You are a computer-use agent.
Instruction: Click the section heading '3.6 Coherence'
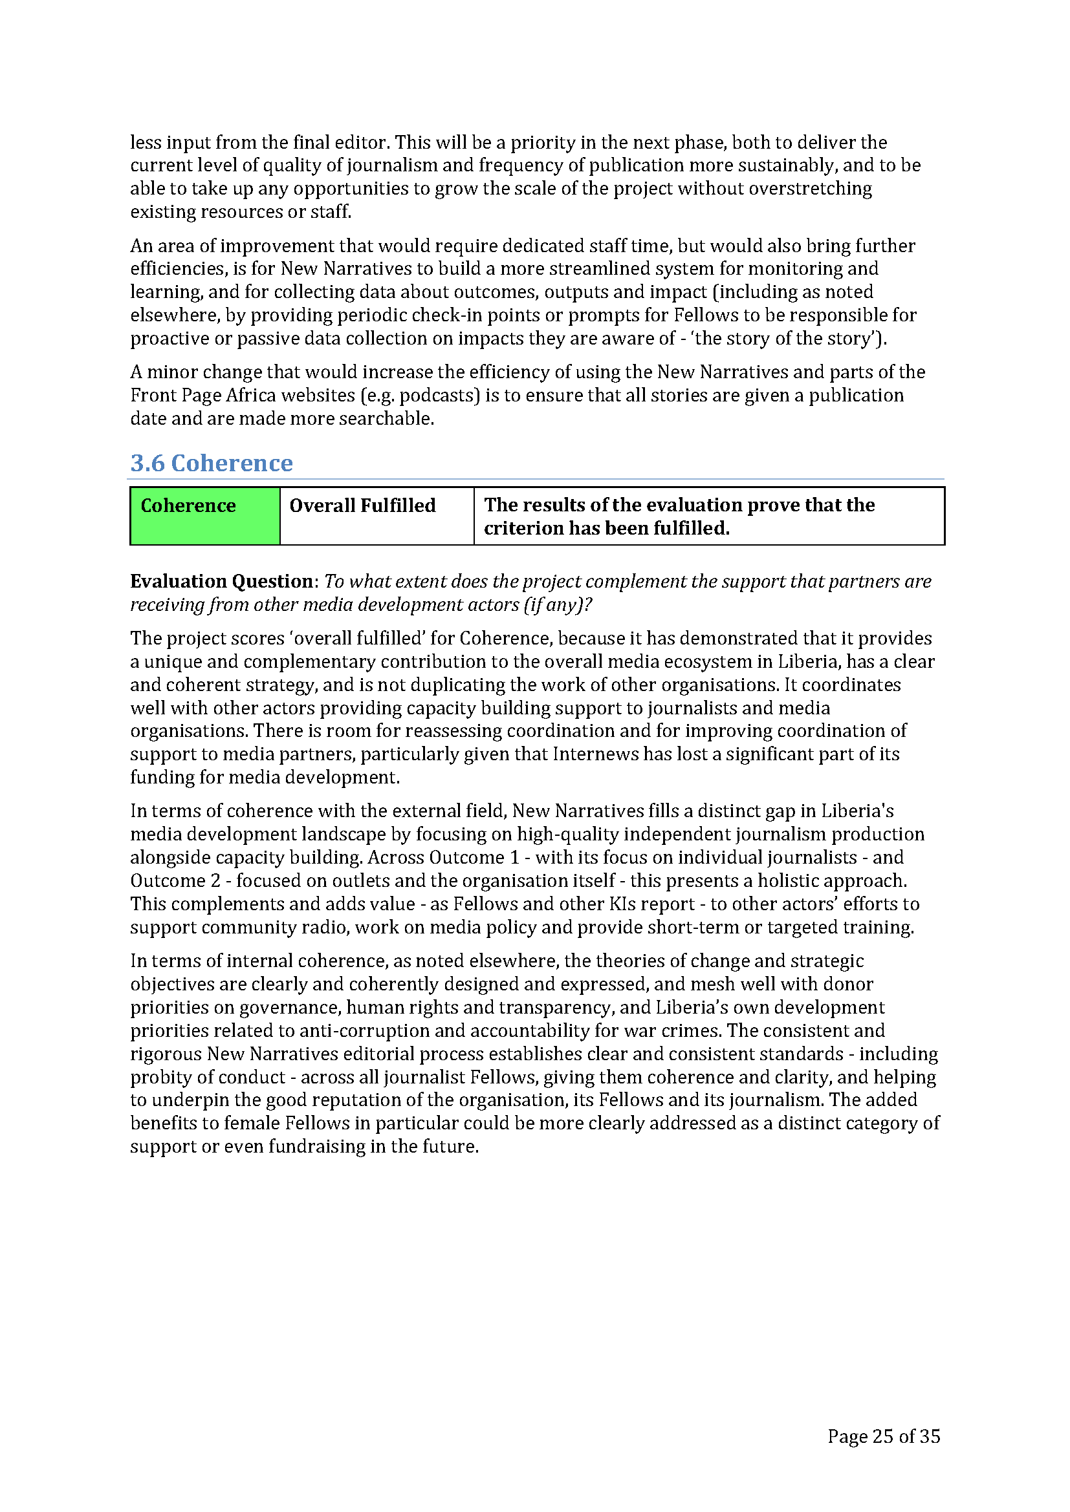[x=211, y=463]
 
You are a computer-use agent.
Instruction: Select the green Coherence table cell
[x=205, y=516]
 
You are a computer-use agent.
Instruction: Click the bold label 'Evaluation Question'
[x=221, y=581]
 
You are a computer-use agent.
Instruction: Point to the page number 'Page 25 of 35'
[x=883, y=1436]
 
